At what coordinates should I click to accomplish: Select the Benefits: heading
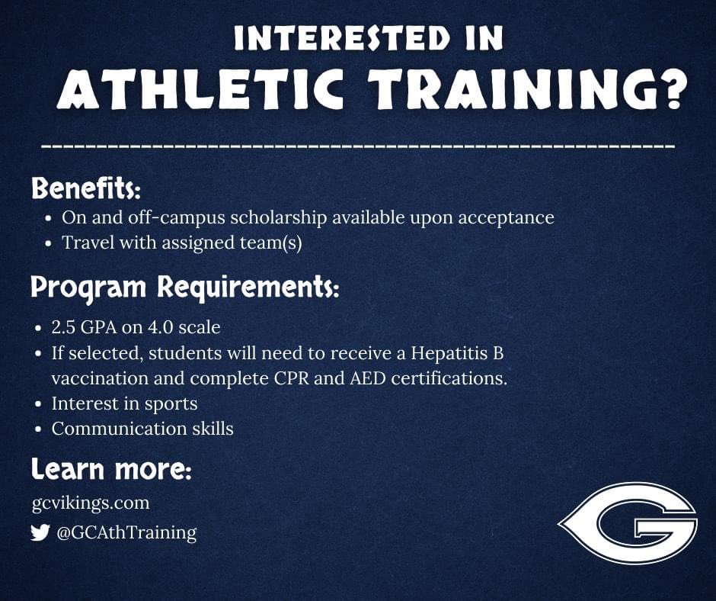click(86, 188)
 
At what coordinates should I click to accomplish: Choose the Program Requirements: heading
click(184, 288)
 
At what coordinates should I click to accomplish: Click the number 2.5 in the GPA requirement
click(65, 327)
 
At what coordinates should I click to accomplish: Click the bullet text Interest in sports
click(125, 403)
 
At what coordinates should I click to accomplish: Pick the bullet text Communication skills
click(142, 429)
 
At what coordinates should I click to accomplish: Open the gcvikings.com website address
click(91, 503)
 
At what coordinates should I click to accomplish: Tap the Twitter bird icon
click(40, 532)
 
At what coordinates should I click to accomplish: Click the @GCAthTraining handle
click(126, 532)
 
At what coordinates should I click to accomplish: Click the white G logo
click(629, 522)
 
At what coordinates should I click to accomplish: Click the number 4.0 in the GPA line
click(158, 327)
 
